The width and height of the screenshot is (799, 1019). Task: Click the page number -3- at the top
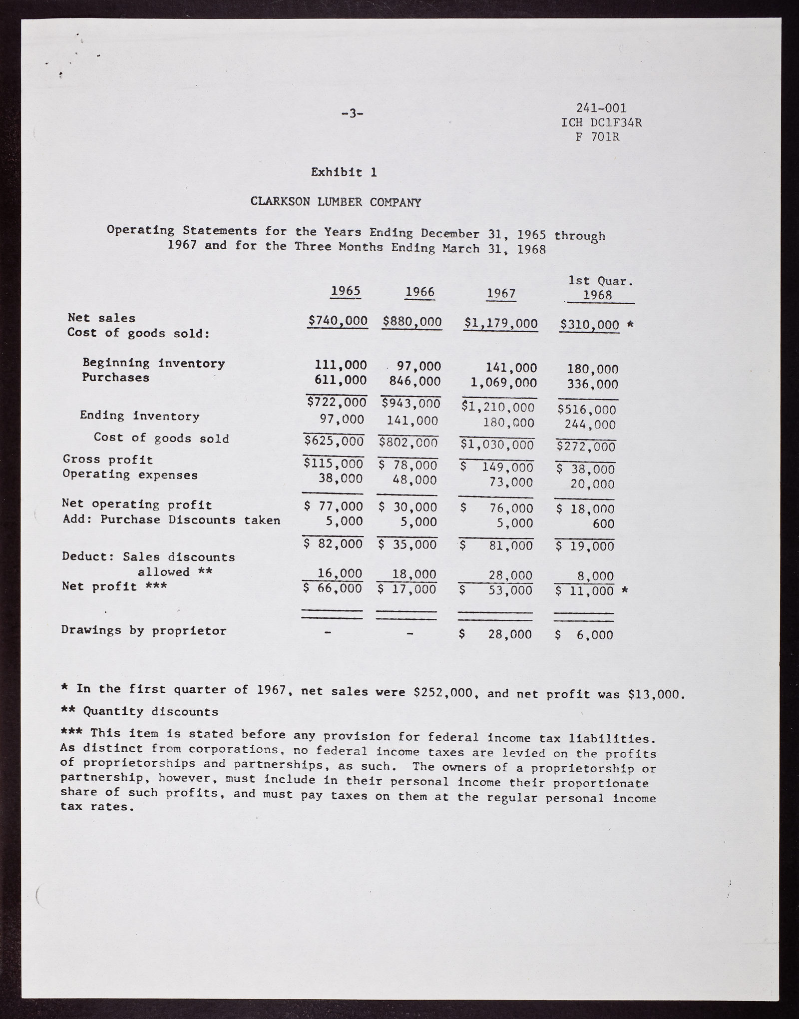352,113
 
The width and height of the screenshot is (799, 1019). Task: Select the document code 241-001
601,108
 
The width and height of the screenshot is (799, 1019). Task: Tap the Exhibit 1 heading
344,172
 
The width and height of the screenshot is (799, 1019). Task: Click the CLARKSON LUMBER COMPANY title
336,202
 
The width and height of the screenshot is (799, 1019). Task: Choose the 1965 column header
346,291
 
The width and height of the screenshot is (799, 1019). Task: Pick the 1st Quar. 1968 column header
600,288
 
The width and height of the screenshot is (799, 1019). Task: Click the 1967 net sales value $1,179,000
500,324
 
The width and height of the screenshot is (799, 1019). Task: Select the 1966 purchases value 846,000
414,382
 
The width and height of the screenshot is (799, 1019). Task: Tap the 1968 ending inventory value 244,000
591,425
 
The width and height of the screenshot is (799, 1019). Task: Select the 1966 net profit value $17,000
407,589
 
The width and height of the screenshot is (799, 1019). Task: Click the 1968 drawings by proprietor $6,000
584,635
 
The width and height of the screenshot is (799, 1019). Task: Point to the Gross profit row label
108,460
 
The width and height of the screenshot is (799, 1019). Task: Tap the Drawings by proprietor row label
144,630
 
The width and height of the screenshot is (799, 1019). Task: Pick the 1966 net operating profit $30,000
407,507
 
